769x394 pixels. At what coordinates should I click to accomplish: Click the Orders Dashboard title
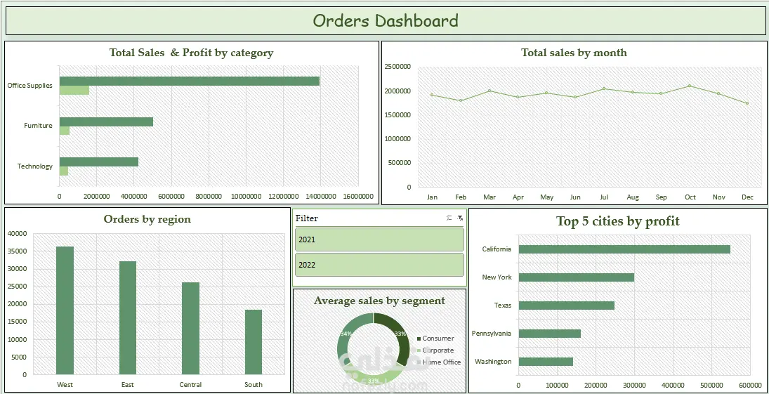[385, 21]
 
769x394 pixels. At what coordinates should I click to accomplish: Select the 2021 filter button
[379, 239]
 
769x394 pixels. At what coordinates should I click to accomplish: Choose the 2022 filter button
[379, 265]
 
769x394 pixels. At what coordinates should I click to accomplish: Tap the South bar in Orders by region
[253, 342]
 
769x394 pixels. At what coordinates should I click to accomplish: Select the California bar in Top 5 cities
[624, 249]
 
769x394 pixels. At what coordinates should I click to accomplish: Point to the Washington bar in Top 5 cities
[546, 362]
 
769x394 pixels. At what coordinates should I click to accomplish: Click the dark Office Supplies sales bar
[189, 81]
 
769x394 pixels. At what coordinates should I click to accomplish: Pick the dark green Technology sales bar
[98, 162]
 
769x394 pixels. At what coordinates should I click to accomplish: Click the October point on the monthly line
[690, 86]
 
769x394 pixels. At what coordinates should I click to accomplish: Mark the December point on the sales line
[747, 103]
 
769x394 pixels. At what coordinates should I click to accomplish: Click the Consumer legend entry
[438, 339]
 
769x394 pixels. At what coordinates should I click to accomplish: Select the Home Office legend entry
[441, 362]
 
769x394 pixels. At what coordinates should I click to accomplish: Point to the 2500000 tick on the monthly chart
[397, 67]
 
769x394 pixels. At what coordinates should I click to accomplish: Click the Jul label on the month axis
[604, 197]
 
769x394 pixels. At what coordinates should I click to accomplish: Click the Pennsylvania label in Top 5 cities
[492, 334]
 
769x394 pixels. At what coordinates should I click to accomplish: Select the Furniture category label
[38, 126]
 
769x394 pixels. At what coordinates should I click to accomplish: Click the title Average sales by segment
[379, 301]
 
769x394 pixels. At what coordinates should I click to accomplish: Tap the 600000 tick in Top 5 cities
[750, 385]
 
